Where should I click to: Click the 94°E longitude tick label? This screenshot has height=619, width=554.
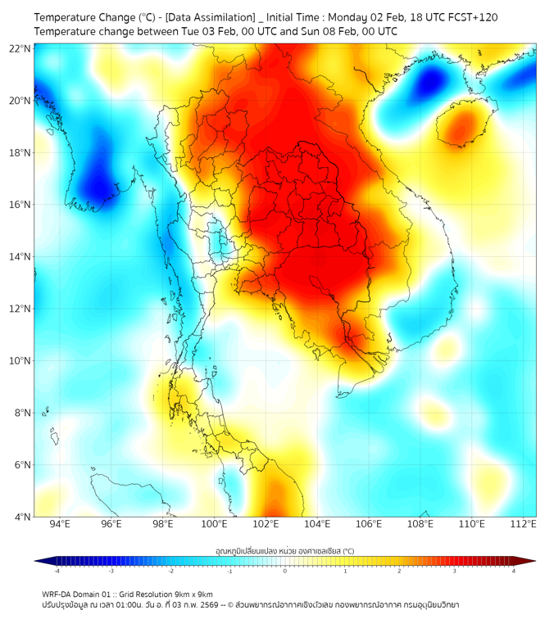[x=60, y=525]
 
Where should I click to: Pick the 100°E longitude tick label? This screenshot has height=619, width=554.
[x=215, y=525]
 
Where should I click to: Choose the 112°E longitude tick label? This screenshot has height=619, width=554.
[x=524, y=525]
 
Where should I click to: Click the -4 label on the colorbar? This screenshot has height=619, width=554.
[x=57, y=572]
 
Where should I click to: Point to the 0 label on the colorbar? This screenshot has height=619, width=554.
[x=285, y=572]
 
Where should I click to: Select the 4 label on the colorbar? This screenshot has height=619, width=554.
[x=514, y=572]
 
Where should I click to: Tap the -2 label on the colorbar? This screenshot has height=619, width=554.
[x=170, y=572]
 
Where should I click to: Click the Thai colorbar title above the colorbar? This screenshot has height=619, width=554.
[x=284, y=550]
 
